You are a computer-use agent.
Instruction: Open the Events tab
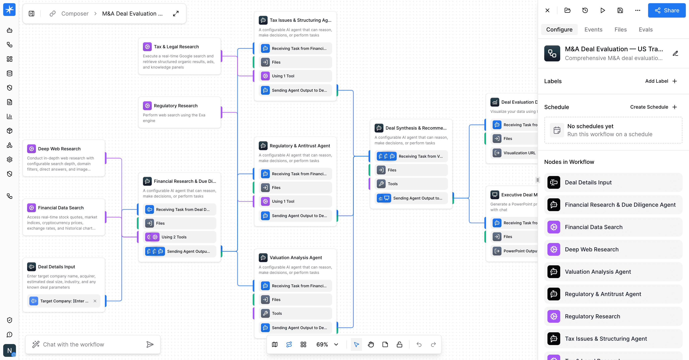click(x=593, y=30)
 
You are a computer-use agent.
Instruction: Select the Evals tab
click(x=646, y=30)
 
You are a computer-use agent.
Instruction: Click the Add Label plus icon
click(x=675, y=81)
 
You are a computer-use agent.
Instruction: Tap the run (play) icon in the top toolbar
click(x=603, y=10)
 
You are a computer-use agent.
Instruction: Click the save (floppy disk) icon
click(x=620, y=10)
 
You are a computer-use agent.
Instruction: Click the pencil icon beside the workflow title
click(x=675, y=53)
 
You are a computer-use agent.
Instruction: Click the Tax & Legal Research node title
click(x=176, y=47)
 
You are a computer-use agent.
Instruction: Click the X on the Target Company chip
click(x=95, y=301)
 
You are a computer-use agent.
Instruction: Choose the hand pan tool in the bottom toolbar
click(x=371, y=344)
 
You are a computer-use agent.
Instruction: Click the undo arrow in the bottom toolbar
click(x=419, y=344)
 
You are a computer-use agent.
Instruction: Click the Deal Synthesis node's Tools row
click(x=411, y=184)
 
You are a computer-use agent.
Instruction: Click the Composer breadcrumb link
click(x=75, y=14)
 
